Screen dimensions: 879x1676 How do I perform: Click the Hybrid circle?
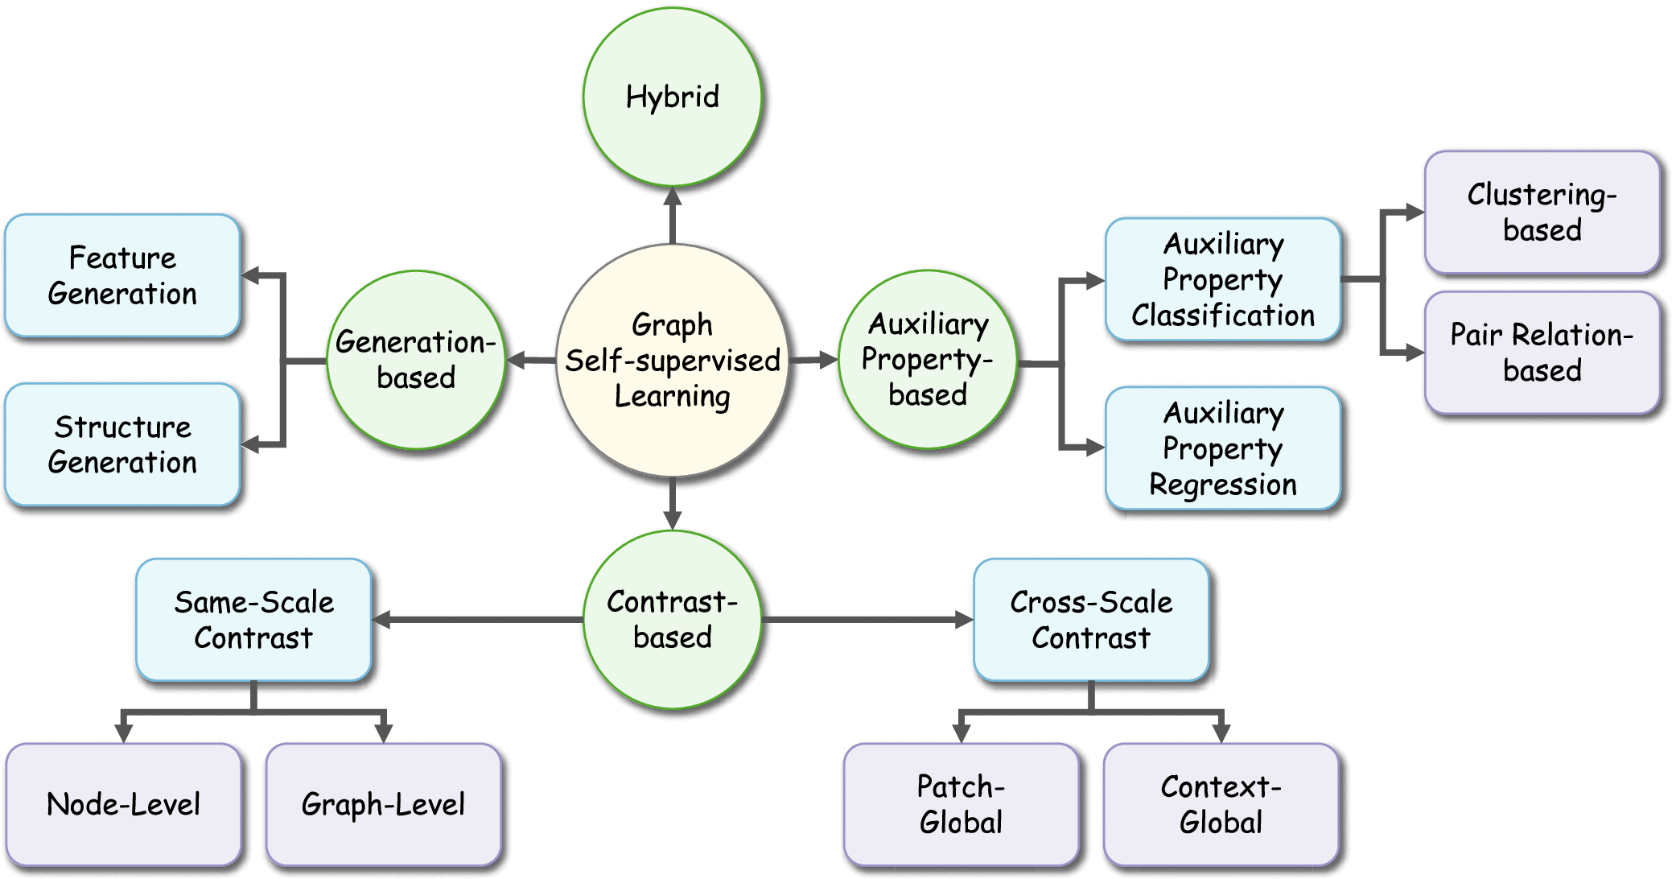coord(672,97)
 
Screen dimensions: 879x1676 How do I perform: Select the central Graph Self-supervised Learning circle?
coord(672,361)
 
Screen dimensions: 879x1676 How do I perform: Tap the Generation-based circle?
coord(416,360)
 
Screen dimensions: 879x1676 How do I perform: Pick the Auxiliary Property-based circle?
coord(928,360)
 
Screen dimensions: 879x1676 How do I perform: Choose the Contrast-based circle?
coord(672,620)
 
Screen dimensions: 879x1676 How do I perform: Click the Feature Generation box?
coord(122,276)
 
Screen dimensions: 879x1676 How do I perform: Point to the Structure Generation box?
coord(122,445)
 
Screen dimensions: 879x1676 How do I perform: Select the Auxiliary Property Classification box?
coord(1223,279)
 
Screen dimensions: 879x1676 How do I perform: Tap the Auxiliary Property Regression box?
coord(1223,448)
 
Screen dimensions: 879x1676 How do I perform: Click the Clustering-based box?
coord(1542,213)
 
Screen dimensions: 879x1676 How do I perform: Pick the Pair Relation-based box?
coord(1542,353)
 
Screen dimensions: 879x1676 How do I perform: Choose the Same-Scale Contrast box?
coord(253,620)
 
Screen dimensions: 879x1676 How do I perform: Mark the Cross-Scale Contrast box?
coord(1091,620)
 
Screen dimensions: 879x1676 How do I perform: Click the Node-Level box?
coord(123,804)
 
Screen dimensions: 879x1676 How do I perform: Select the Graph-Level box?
coord(383,804)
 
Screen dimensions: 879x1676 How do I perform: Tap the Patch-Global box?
coord(961,804)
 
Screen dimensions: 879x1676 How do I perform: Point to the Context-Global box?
coord(1221,804)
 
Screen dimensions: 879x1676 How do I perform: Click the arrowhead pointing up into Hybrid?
coord(673,196)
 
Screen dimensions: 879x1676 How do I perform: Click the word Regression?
coord(1223,485)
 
